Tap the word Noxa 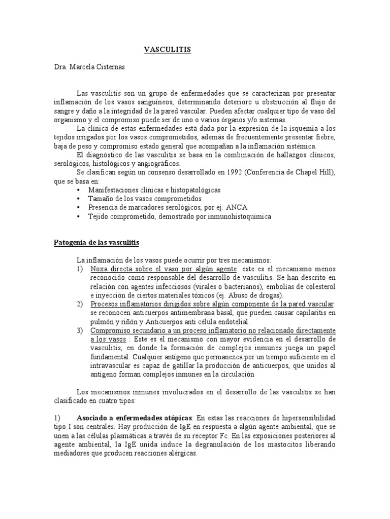(100, 269)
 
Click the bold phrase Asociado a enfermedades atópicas (134, 418)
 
